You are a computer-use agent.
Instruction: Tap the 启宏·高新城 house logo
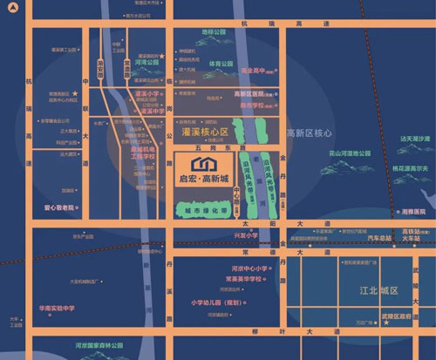pyautogui.click(x=203, y=165)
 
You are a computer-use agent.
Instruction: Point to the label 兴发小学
pyautogui.click(x=247, y=236)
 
